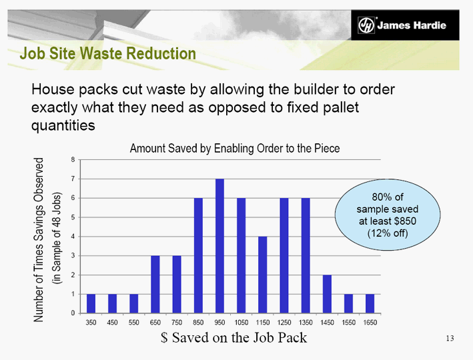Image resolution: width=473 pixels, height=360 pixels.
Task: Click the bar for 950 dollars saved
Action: coord(219,246)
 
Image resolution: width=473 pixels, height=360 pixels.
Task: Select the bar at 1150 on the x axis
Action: coord(262,275)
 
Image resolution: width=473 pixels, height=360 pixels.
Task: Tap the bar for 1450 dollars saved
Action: coord(327,294)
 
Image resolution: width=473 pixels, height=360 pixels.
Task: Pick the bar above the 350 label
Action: coord(91,303)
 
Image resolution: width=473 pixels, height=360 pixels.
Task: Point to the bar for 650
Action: coord(155,284)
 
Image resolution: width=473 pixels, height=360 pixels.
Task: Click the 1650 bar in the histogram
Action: coord(370,303)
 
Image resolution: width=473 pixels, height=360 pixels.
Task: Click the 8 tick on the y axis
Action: coord(73,160)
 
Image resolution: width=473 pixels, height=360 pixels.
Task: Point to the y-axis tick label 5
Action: coord(73,217)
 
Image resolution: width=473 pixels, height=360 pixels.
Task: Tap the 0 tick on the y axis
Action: coord(73,313)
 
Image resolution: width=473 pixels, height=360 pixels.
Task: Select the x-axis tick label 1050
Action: coord(241,323)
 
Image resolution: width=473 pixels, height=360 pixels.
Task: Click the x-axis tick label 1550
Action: coord(348,323)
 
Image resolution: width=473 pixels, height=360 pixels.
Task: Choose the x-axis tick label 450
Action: coord(112,323)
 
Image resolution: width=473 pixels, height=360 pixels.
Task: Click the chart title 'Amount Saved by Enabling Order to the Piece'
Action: coord(235,149)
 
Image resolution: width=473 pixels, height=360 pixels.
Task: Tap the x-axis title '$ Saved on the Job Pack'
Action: coord(233,337)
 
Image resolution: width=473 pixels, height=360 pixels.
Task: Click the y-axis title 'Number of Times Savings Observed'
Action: coord(38,240)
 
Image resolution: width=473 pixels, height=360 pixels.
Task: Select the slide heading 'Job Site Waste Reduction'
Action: coord(107,53)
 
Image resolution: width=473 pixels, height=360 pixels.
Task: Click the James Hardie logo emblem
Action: coord(366,25)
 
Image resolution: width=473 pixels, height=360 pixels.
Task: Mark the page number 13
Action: coord(450,338)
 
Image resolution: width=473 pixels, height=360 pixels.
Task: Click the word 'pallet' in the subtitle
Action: coord(341,107)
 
